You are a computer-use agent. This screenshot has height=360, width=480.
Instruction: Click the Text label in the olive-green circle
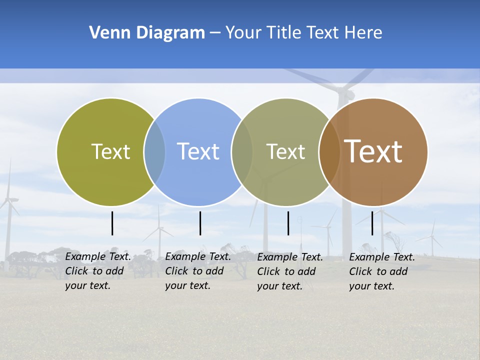[110, 151]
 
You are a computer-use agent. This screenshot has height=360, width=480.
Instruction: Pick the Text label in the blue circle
[198, 151]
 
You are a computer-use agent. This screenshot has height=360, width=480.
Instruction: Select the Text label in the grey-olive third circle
[285, 151]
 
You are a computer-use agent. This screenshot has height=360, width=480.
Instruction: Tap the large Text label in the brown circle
[373, 151]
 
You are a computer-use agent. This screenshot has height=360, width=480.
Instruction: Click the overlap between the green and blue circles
[154, 152]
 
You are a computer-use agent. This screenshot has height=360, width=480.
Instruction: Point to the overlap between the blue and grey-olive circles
[242, 152]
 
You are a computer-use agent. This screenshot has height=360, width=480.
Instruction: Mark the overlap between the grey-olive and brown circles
[329, 152]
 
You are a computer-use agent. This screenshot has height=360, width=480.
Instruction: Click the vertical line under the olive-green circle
[112, 223]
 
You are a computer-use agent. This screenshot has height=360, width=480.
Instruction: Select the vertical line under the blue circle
[200, 223]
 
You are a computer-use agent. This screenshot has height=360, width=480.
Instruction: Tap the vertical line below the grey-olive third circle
[288, 223]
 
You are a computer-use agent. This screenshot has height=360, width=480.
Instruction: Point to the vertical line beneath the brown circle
[372, 223]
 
